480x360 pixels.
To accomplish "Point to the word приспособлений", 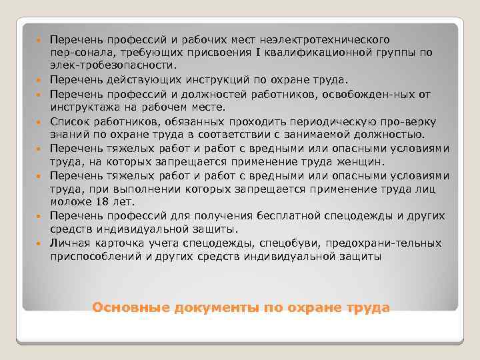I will click(x=94, y=255).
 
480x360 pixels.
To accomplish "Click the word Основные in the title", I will click(x=131, y=308).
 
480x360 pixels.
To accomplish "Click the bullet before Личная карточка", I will click(x=40, y=243).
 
